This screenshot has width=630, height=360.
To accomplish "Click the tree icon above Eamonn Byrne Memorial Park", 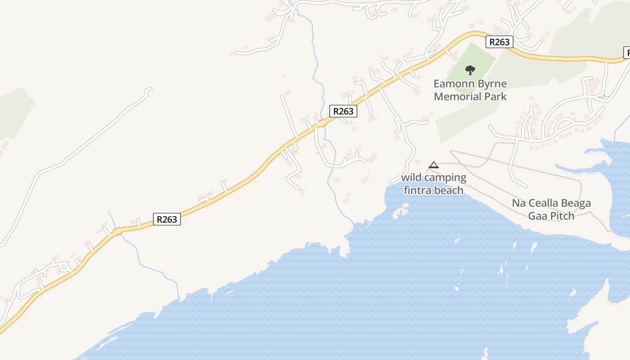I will pos(470,70).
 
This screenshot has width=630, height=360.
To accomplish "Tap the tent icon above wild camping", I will pos(433,165).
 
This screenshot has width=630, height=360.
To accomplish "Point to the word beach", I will pos(448,190).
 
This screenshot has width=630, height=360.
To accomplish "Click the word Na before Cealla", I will pos(519,203).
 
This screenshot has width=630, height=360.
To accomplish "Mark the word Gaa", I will pos(538,216).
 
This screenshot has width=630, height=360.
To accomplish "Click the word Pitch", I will pos(562,216).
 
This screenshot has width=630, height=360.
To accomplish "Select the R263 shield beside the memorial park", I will pos(499,42).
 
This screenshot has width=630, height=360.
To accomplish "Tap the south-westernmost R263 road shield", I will pos(167,219).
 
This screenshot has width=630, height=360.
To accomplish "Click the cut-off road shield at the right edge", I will pos(626,52).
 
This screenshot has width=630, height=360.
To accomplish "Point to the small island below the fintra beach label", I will pos(400,211).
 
